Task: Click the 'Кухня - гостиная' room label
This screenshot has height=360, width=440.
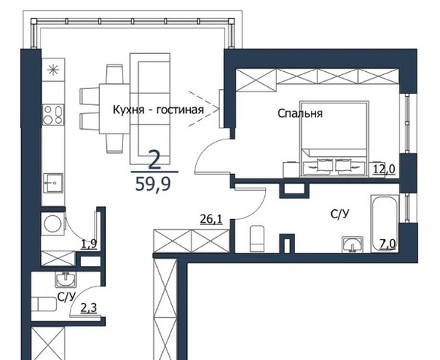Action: pyautogui.click(x=158, y=109)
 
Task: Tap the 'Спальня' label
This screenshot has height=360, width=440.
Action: pyautogui.click(x=300, y=113)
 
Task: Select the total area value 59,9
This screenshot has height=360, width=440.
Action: pyautogui.click(x=153, y=184)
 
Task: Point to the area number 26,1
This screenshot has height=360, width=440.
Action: pyautogui.click(x=211, y=219)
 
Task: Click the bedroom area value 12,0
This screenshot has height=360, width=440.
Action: pyautogui.click(x=384, y=169)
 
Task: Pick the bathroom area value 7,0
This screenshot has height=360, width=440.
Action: pyautogui.click(x=387, y=244)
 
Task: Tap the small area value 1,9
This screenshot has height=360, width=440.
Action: pyautogui.click(x=89, y=244)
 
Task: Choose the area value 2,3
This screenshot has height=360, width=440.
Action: pyautogui.click(x=89, y=307)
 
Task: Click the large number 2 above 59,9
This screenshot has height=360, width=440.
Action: pyautogui.click(x=154, y=160)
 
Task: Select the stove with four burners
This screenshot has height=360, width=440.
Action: pyautogui.click(x=53, y=115)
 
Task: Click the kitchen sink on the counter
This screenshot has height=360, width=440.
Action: pyautogui.click(x=53, y=183)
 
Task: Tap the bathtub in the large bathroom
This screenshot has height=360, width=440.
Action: pyautogui.click(x=384, y=223)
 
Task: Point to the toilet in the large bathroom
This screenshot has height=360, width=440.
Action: pyautogui.click(x=258, y=238)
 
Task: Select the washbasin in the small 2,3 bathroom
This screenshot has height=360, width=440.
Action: pyautogui.click(x=65, y=280)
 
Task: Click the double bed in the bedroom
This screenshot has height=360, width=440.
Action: pyautogui.click(x=334, y=139)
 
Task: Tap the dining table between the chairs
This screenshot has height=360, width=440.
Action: pyautogui.click(x=114, y=109)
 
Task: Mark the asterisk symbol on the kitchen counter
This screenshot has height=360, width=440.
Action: pyautogui.click(x=53, y=70)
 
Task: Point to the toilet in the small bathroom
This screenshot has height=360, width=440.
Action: pyautogui.click(x=44, y=304)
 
